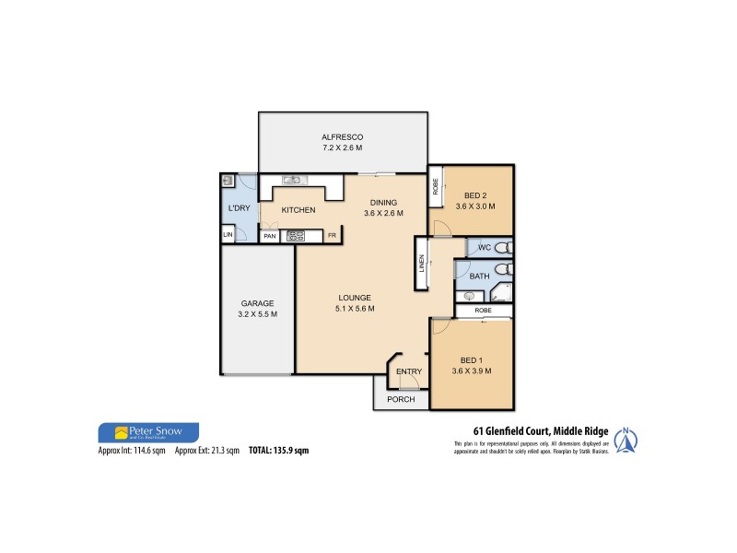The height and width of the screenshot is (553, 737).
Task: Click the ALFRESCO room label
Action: pos(342,135)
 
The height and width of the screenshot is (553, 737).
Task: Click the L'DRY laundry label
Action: pos(239,208)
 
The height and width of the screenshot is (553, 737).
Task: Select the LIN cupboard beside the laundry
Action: pos(228,236)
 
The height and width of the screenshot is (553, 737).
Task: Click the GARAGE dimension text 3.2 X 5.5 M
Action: pos(258,314)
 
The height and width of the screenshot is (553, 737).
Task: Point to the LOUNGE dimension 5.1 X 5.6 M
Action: pos(354,309)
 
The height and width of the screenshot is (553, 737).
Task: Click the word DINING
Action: pos(382,203)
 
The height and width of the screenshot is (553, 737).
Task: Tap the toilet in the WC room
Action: pos(500,248)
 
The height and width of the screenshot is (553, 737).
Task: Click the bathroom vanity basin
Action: pos(469,296)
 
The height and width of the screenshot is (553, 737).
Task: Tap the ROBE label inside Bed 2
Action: pos(436,188)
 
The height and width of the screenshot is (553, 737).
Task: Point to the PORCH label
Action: pos(401,399)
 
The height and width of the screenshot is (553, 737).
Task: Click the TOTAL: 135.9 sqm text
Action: pos(279,451)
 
